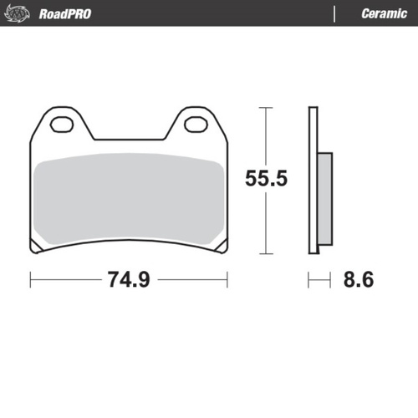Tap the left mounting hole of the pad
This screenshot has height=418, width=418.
point(63,126)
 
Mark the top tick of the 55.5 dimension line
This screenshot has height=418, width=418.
point(266,108)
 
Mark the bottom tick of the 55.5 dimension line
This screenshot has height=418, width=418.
point(266,253)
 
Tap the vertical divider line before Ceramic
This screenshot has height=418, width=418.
point(334,14)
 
